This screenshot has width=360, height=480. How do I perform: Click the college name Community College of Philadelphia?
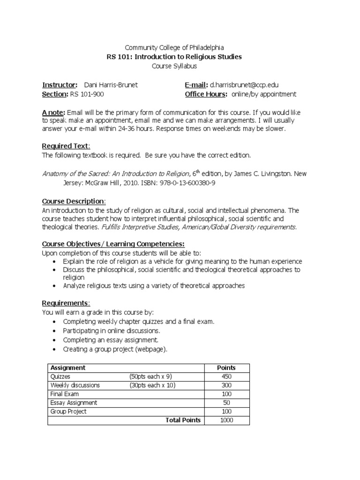174,47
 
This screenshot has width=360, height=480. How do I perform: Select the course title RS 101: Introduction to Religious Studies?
174,57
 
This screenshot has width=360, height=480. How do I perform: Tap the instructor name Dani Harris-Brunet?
112,85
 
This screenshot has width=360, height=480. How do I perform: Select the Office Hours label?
206,94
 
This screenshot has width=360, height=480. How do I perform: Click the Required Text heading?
66,146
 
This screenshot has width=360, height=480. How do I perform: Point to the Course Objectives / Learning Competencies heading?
113,244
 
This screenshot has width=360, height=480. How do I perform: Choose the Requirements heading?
66,303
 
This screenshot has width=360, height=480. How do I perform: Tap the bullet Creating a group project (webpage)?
115,349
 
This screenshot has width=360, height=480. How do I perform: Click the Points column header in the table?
226,368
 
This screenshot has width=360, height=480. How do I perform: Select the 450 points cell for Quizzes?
226,377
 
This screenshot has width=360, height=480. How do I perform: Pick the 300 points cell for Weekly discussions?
226,385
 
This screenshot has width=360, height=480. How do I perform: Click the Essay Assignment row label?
74,403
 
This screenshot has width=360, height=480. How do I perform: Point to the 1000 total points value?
226,420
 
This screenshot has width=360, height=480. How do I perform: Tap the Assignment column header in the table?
68,368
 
